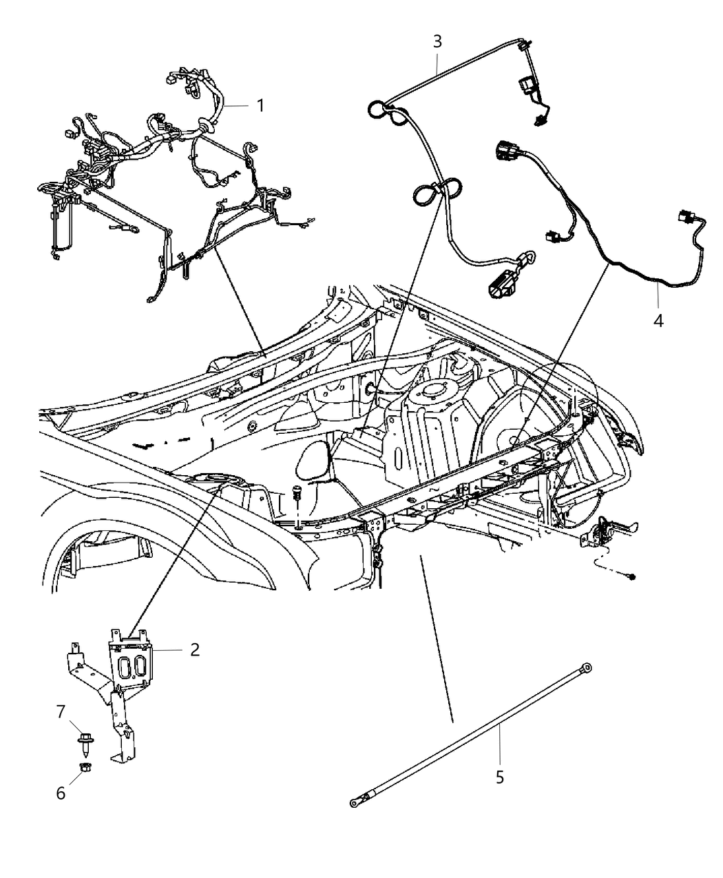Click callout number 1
[x=260, y=105]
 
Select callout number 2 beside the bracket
[x=195, y=649]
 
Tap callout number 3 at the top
[x=437, y=41]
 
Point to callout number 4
[x=658, y=320]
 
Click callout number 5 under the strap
[x=500, y=777]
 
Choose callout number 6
[x=61, y=793]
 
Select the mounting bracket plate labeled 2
[x=130, y=665]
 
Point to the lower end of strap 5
[x=355, y=802]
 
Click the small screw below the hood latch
[x=631, y=576]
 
